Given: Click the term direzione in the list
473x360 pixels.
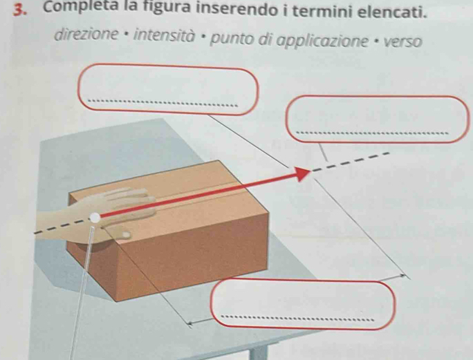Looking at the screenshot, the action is point(86,35).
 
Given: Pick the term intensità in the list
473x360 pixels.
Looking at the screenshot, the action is point(163,36).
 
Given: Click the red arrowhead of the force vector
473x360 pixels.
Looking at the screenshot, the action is point(301,173).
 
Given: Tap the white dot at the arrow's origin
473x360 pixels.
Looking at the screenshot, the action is point(95,218).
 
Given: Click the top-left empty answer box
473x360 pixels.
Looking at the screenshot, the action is point(168,89).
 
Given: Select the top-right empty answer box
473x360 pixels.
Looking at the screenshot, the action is point(378,119).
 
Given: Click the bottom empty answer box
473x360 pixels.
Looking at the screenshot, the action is point(303,304).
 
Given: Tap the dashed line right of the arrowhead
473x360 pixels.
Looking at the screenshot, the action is point(349,162).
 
